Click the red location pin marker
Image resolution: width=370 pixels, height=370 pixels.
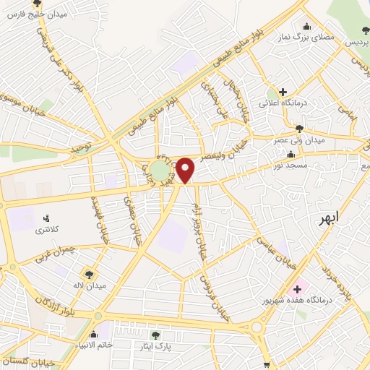tap(186, 170)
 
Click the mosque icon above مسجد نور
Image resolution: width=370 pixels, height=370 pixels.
tap(291, 154)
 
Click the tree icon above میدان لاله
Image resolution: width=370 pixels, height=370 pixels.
tap(88, 274)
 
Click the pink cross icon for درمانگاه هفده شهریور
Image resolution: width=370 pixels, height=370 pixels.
tap(298, 289)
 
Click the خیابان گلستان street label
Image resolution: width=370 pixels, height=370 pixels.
tap(29, 360)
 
